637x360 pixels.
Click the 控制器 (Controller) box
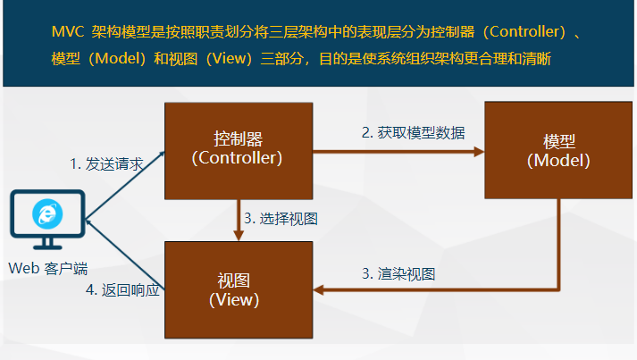pos(237,149)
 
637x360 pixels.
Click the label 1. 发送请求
pos(106,163)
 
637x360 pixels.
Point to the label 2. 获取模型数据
pos(412,132)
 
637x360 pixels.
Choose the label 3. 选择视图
pos(281,218)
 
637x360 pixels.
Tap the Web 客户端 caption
pos(47,268)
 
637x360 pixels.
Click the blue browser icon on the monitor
pos(46,213)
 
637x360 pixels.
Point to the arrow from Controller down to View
pos(239,219)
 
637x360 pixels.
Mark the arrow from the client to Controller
pos(125,183)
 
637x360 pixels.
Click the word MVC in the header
pos(67,33)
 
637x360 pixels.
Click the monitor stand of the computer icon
pos(47,243)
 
